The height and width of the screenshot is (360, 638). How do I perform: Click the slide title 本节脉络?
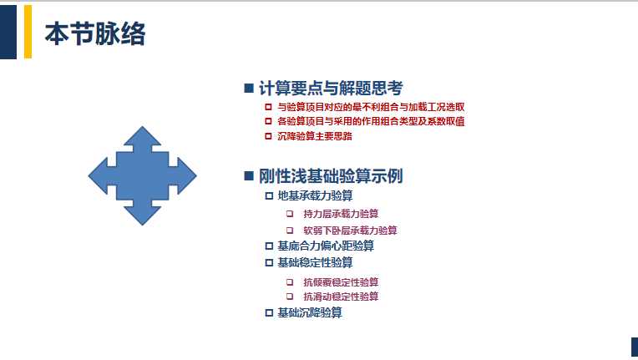(95, 33)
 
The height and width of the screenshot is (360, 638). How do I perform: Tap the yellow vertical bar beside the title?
(28, 32)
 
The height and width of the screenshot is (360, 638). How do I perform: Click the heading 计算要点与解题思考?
(331, 89)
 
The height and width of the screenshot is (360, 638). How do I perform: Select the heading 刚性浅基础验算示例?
(331, 176)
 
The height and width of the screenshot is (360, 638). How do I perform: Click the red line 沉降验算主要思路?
(315, 136)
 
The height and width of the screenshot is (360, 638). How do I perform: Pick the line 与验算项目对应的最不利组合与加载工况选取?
(371, 107)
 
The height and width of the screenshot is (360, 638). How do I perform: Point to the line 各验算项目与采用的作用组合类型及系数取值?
(371, 121)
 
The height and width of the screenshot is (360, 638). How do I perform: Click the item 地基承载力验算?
(315, 195)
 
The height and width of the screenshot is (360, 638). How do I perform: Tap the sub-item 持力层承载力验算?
(341, 214)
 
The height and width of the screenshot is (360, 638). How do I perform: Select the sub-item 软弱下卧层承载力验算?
(350, 231)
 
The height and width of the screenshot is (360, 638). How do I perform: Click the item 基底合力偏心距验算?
(326, 246)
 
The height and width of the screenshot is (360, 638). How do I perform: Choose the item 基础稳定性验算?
(315, 262)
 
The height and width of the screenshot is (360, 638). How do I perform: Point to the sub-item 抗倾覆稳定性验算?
(341, 281)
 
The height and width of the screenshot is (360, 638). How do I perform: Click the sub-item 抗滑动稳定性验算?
(341, 297)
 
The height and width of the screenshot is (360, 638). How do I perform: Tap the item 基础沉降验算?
(310, 312)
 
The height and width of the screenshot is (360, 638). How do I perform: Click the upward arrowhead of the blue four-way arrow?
(143, 136)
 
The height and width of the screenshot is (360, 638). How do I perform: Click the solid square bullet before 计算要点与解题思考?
(249, 89)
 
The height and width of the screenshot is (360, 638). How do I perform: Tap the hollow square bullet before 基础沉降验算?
(269, 313)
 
